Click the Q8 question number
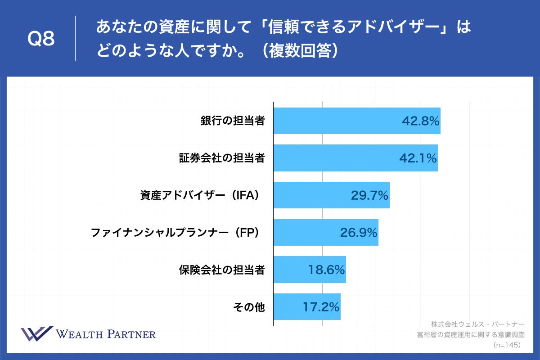tap(41, 40)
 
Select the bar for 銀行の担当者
tap(337, 121)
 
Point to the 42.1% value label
tap(418, 158)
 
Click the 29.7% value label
tap(369, 195)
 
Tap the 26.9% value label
tap(358, 233)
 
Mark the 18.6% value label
tap(326, 270)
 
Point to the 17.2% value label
tap(320, 307)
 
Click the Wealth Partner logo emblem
tap(37, 334)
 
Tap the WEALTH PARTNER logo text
tap(106, 334)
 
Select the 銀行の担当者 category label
tap(232, 121)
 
